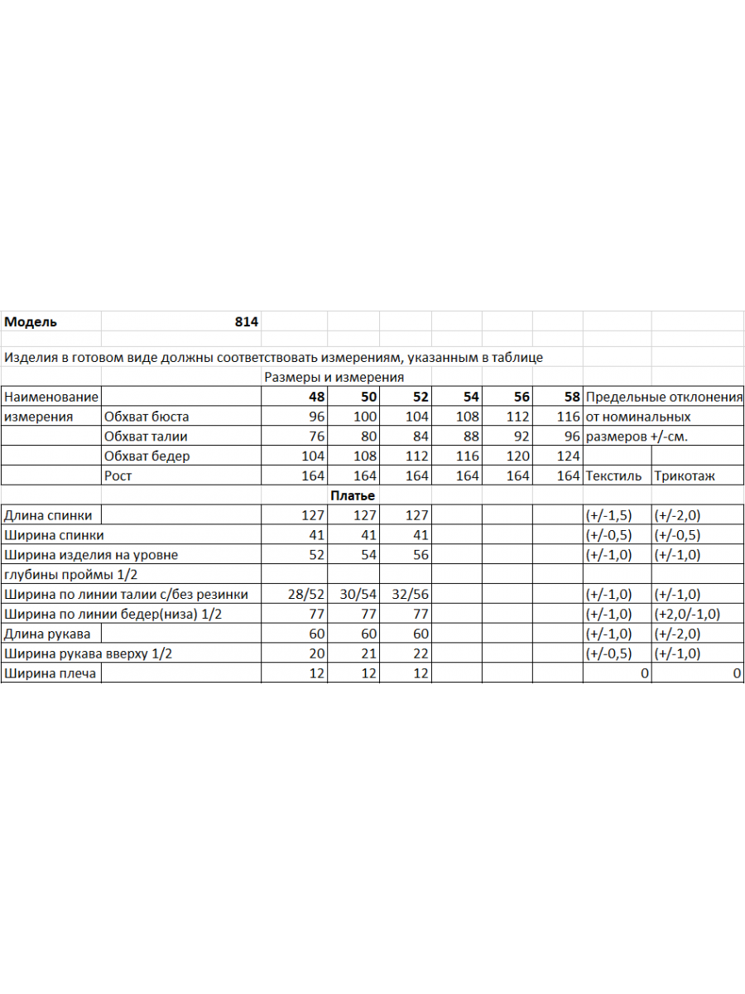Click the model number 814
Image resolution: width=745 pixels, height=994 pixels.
coord(247,322)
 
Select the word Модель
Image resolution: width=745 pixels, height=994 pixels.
coord(31,322)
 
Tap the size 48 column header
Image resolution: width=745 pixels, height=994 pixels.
coord(316,398)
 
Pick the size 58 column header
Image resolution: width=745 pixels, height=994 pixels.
coord(572,398)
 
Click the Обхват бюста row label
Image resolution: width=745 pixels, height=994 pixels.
coord(147,417)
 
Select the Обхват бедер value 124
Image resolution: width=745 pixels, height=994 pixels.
coord(569,456)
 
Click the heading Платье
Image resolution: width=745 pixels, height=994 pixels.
coord(353,495)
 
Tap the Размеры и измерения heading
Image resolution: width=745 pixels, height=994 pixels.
coord(334,378)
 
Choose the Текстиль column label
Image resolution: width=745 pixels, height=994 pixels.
coord(613,476)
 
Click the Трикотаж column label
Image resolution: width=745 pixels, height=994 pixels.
coord(685,476)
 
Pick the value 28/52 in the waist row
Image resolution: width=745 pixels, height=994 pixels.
coord(306,594)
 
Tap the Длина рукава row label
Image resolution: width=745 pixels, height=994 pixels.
coord(47,634)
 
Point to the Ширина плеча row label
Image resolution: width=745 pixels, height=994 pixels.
coord(50,673)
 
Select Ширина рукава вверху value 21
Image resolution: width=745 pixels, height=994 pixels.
coord(369,654)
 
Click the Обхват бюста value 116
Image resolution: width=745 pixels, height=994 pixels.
coord(569,417)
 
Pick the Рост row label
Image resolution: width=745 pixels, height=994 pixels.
coord(118,476)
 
